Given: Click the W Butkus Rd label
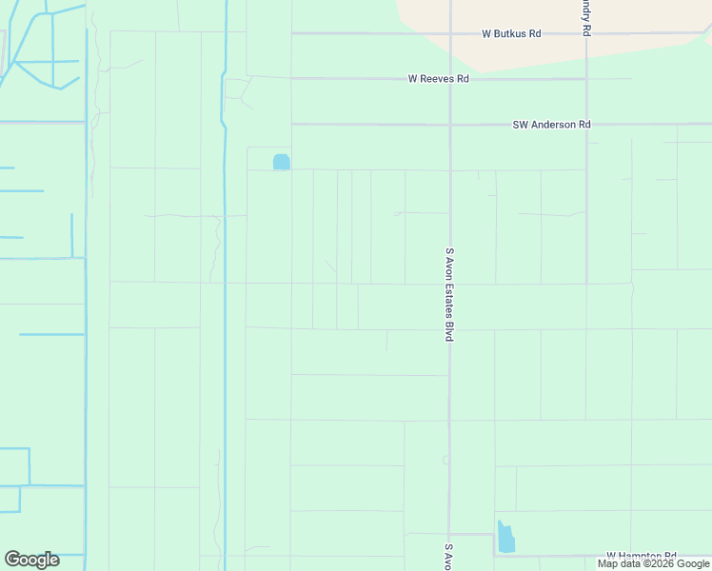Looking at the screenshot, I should click(511, 33).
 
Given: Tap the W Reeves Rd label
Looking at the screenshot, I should click(439, 79).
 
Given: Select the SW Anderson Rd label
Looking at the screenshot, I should click(551, 125).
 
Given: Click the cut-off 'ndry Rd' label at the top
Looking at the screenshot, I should click(586, 18).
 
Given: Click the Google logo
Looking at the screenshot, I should click(31, 560).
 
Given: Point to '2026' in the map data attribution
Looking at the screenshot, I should click(659, 563).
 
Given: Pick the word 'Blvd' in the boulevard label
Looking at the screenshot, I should click(449, 331).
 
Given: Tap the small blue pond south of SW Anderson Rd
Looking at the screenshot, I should click(281, 162).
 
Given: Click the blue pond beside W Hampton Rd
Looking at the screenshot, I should click(505, 538).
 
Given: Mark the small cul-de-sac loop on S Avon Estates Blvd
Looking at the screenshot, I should click(445, 460).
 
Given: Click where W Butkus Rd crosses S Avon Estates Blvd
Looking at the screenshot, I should click(449, 33).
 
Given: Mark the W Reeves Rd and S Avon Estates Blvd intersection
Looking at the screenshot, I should click(449, 79).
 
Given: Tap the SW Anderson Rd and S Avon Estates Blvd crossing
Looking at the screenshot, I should click(449, 125).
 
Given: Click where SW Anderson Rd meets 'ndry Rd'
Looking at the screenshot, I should click(586, 125).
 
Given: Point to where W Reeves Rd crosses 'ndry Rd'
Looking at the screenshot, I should click(586, 79).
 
